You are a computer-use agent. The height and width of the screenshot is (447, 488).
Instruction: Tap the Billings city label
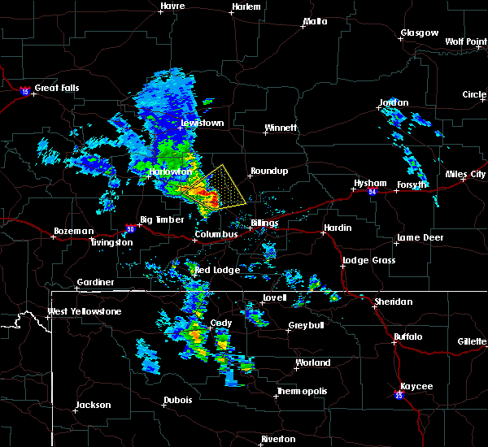click(264, 223)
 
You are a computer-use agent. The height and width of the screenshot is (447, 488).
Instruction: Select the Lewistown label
click(201, 123)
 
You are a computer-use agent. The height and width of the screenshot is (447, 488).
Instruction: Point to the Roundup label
click(269, 171)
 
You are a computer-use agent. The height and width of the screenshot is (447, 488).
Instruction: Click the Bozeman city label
click(73, 231)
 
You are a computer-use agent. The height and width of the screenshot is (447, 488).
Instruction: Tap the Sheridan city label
click(393, 302)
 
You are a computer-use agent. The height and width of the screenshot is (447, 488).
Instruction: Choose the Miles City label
click(466, 174)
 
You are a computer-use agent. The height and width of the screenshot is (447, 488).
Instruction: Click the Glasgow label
click(419, 33)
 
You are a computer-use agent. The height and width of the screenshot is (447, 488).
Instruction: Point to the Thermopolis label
click(303, 391)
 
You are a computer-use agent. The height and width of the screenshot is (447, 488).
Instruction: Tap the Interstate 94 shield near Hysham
click(372, 192)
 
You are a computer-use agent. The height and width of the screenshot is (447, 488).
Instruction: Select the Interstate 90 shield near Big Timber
click(131, 229)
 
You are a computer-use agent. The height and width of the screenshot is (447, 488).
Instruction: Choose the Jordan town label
click(394, 103)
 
